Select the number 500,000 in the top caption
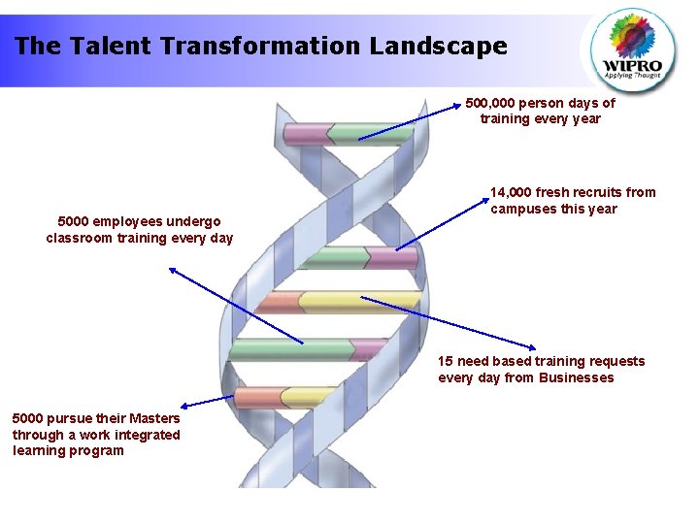tap(490, 102)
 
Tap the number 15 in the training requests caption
tap(446, 361)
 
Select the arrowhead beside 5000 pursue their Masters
tap(185, 405)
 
